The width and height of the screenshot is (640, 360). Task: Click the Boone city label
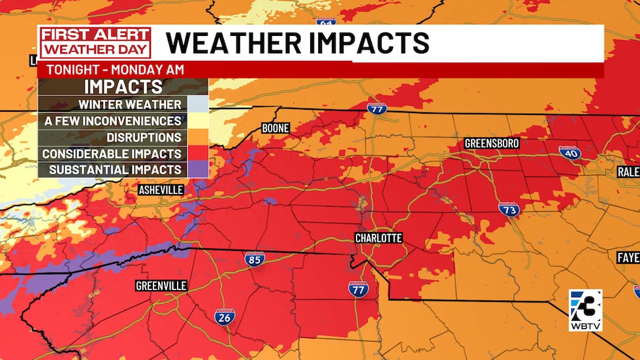click(x=275, y=128)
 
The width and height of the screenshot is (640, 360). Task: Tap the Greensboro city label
click(x=492, y=144)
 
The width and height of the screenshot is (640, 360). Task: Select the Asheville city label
click(x=161, y=190)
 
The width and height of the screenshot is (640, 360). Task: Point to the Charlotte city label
click(x=378, y=238)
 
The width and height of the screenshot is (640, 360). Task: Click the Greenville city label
click(x=161, y=286)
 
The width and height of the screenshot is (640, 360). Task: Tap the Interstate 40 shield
click(x=569, y=153)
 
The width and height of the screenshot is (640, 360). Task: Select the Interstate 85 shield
click(x=255, y=259)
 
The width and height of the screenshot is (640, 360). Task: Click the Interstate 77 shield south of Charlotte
click(x=358, y=288)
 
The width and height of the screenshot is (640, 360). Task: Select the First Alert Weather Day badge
click(x=95, y=43)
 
